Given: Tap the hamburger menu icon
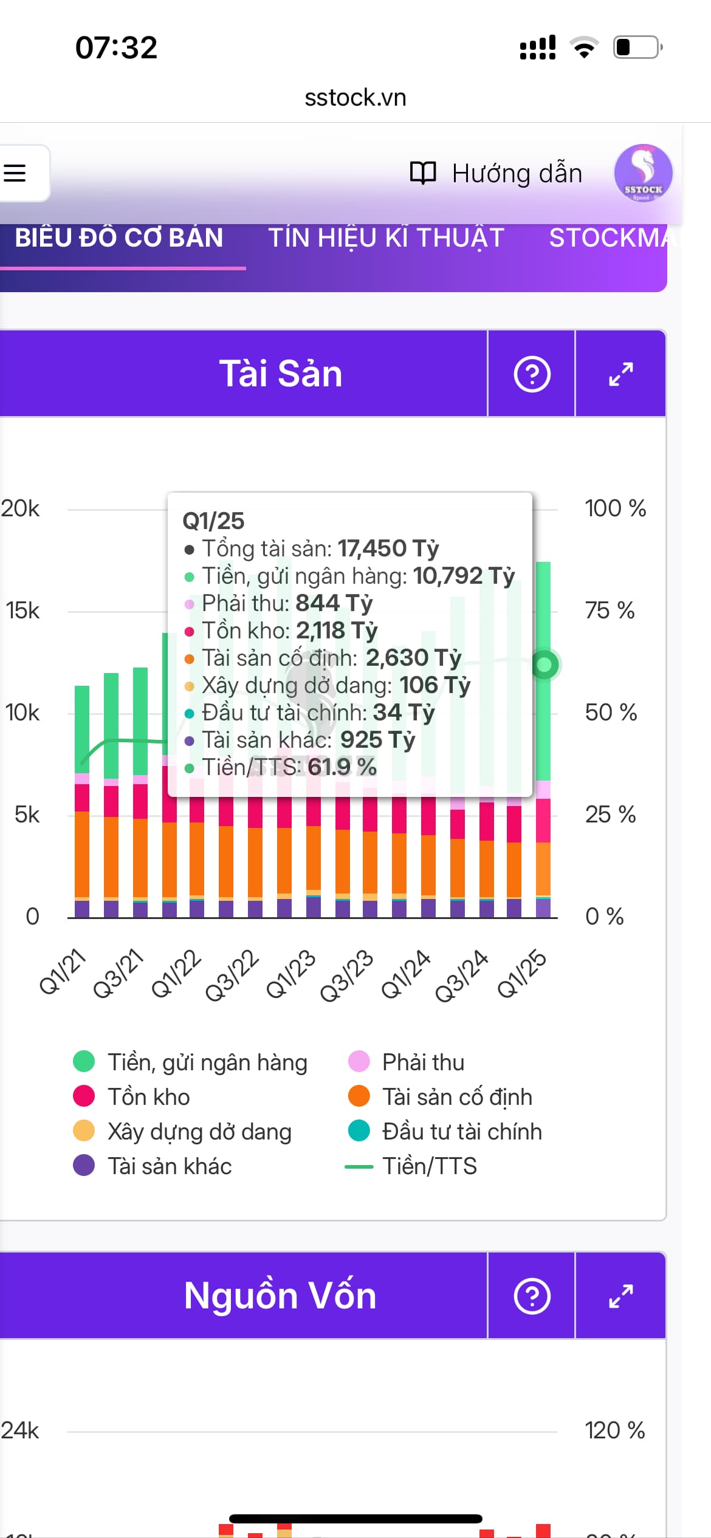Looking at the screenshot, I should point(16,173).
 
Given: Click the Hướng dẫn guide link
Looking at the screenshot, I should point(496,174).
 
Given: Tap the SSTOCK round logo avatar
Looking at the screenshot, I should point(642,173).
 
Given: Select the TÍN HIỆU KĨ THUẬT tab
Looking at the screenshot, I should point(386,238).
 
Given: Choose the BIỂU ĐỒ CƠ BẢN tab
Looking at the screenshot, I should point(119,238).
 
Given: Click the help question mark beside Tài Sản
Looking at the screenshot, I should point(532,374).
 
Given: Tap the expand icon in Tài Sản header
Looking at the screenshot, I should point(620,374).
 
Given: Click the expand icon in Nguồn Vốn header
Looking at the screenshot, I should point(620,1296).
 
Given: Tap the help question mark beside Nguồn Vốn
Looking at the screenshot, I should point(532,1296).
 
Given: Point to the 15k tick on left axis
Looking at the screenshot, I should point(23,610).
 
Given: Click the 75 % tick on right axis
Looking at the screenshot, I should point(610,610).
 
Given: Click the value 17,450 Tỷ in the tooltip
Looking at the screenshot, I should point(388,549).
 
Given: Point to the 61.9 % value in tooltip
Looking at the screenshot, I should point(342,767).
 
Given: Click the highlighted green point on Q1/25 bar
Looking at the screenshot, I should point(544,665).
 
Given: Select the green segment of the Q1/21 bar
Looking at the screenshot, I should point(82,729).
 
